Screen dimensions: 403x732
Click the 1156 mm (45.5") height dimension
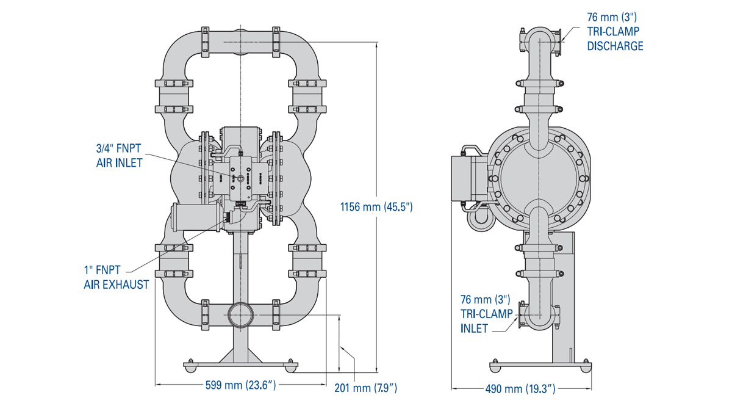tap(376, 207)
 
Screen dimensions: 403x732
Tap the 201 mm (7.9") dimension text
tap(366, 387)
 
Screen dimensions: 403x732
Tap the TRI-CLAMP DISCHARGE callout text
tap(615, 31)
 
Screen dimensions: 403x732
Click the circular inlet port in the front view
tap(240, 315)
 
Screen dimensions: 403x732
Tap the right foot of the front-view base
tap(292, 367)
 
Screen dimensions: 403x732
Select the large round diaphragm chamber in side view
tap(540, 176)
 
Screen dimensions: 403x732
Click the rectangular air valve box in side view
tap(468, 178)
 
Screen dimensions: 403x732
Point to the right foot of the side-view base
tap(586, 366)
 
